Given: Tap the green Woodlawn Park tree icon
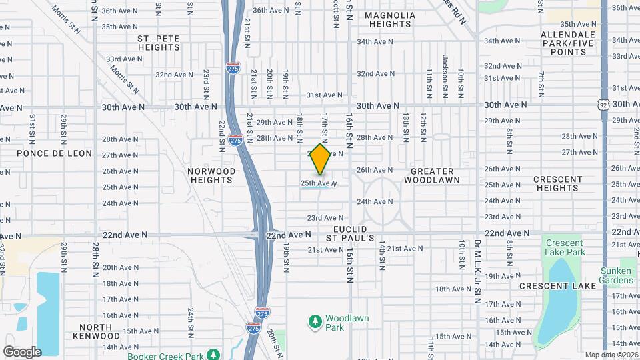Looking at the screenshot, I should point(315,322).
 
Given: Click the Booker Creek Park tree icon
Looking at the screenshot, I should point(213,354).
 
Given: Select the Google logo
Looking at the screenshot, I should point(21,352).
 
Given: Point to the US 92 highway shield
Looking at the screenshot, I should point(603,105).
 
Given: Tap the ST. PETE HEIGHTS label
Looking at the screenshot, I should point(159,43).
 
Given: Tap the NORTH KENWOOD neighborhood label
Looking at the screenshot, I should point(99,331).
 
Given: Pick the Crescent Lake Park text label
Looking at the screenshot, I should point(564,248).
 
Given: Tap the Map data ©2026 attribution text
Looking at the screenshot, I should point(610,354).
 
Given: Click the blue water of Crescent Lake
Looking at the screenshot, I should point(559,300).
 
